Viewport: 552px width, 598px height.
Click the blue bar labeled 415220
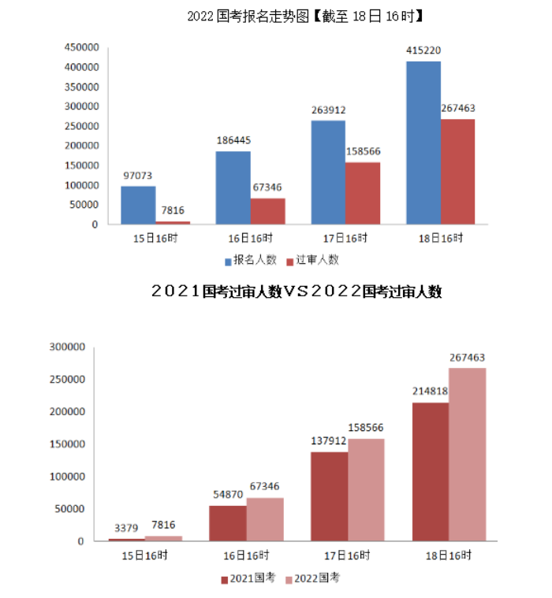click(x=423, y=143)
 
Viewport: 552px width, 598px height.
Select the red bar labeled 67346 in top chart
click(x=267, y=211)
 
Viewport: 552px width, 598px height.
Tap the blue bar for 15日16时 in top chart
click(x=138, y=205)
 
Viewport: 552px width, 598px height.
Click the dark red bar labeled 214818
click(x=430, y=471)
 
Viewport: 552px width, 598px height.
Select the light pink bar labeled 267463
click(x=467, y=454)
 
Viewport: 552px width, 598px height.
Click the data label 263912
click(x=327, y=110)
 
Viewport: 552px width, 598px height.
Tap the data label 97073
click(x=137, y=176)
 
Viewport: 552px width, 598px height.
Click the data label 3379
click(x=126, y=527)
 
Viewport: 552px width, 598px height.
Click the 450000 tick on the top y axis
click(x=81, y=47)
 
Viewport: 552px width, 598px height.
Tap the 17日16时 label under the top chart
click(x=345, y=237)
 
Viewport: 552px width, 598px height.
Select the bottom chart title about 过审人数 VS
click(x=296, y=292)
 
